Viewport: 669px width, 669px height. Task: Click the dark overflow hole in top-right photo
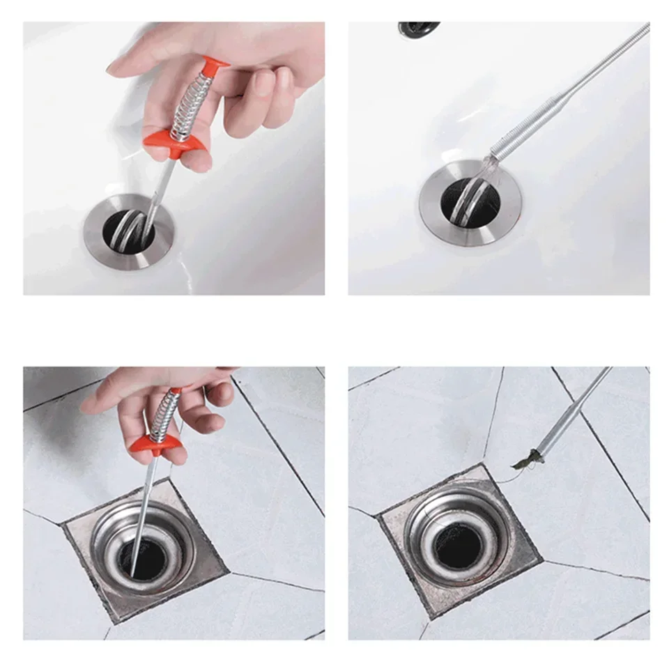tap(418, 28)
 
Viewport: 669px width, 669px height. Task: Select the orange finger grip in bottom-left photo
tap(153, 442)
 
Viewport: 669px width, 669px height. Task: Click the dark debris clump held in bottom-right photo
tap(527, 459)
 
